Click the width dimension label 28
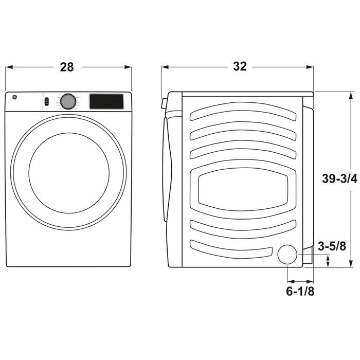click(x=67, y=67)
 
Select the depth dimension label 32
click(x=240, y=66)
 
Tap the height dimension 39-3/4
click(x=339, y=178)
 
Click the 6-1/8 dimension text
click(x=300, y=292)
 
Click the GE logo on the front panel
click(x=13, y=97)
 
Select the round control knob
click(x=67, y=101)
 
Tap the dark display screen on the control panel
click(x=106, y=101)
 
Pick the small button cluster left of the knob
click(x=46, y=101)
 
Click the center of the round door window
click(x=68, y=172)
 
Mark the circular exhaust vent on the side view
click(x=287, y=255)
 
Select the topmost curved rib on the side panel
click(x=243, y=111)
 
